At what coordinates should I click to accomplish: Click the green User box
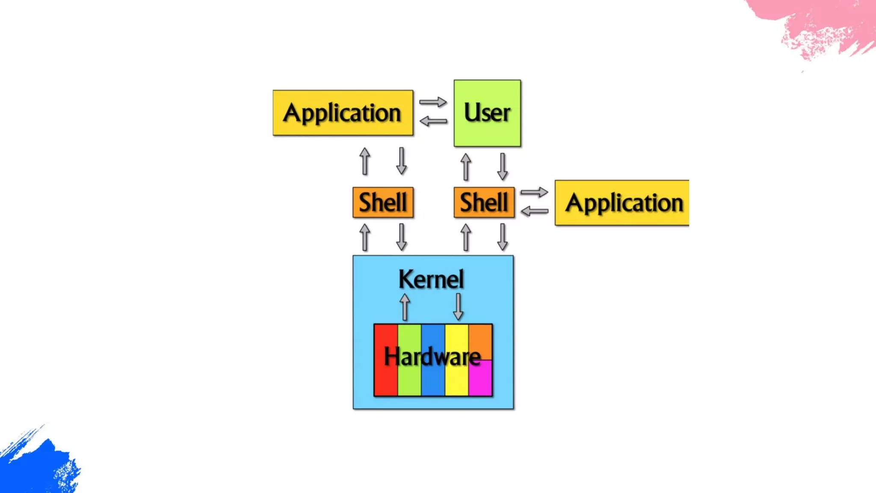coord(487,113)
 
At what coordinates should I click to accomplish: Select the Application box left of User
coord(343,113)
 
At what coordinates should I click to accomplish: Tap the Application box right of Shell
coord(621,203)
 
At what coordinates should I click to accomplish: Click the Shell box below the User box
coord(484,202)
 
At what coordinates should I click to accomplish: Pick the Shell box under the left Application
coord(383,202)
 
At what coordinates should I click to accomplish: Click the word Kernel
coord(431,279)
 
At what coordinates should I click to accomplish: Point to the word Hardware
coord(432,356)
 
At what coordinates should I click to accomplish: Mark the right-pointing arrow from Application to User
coord(433,102)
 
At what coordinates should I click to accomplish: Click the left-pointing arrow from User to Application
coord(433,122)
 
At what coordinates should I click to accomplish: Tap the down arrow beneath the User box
coord(503,166)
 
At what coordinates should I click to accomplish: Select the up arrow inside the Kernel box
coord(405,307)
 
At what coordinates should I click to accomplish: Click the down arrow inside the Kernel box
coord(458,307)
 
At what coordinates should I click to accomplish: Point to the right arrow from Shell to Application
coord(534,192)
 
